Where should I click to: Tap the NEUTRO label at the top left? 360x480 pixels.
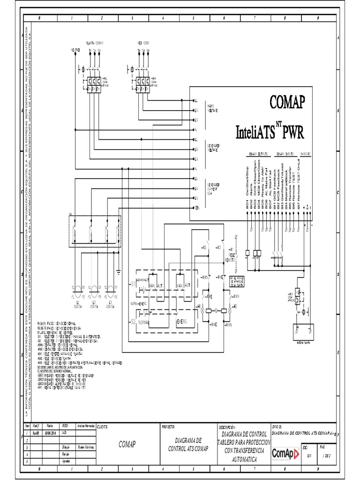point(75,50)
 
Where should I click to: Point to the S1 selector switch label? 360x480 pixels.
point(132,285)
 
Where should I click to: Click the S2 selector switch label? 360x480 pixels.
point(132,322)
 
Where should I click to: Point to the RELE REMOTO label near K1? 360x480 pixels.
point(231,257)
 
